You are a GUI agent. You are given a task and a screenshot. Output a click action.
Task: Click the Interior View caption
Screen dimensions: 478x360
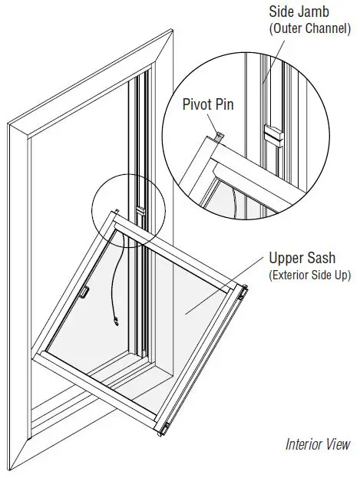[317, 444]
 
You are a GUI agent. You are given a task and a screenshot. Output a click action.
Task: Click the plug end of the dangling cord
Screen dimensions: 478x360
[114, 322]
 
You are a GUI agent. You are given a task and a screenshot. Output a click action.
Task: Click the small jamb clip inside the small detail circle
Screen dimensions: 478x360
[140, 208]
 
